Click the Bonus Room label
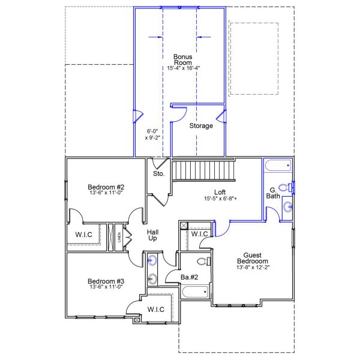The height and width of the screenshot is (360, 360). (x=183, y=59)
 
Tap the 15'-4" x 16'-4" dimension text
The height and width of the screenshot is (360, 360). (x=183, y=68)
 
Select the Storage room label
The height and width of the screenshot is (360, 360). (x=201, y=126)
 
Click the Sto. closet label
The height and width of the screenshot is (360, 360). (x=158, y=173)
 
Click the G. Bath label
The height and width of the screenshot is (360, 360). (x=273, y=193)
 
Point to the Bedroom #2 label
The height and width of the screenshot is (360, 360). (x=106, y=187)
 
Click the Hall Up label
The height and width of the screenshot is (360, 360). (x=153, y=235)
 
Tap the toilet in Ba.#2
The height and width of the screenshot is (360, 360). (x=203, y=262)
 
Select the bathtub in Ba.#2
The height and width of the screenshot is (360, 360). (x=195, y=293)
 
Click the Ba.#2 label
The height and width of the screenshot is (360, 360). (x=189, y=277)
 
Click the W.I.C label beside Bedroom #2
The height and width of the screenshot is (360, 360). (x=83, y=234)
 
